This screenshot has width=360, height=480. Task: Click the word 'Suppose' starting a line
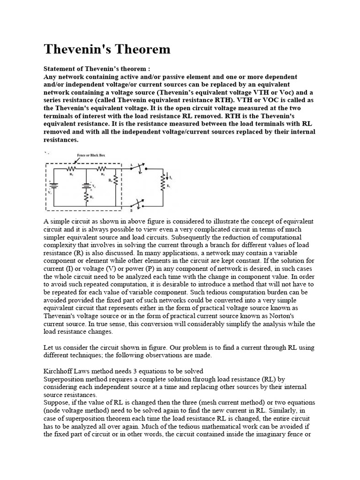(x=56, y=402)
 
